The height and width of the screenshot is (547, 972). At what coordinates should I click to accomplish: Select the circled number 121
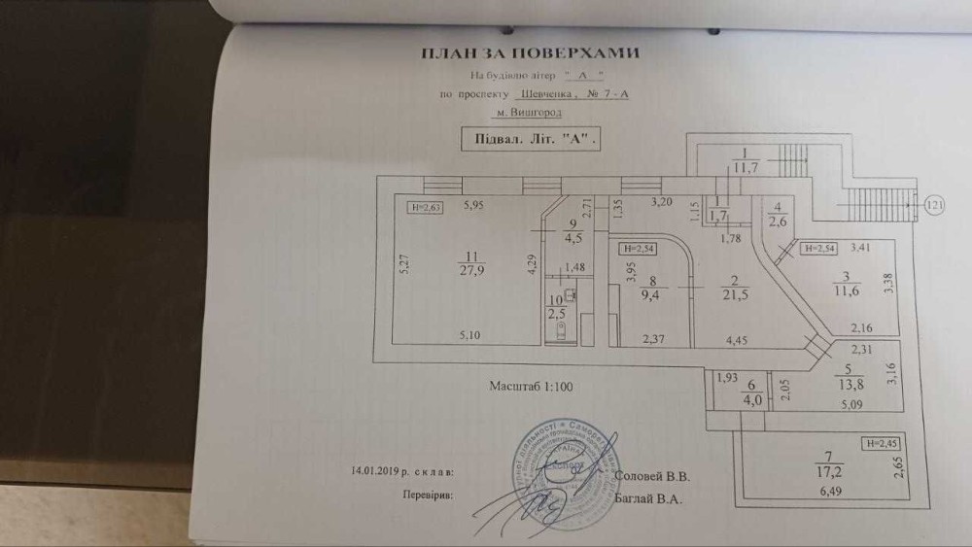[x=935, y=206]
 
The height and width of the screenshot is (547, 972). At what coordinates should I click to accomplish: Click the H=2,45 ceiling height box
[x=881, y=445]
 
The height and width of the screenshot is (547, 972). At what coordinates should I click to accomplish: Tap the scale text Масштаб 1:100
[x=533, y=387]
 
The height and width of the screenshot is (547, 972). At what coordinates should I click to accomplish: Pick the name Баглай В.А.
[x=651, y=498]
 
